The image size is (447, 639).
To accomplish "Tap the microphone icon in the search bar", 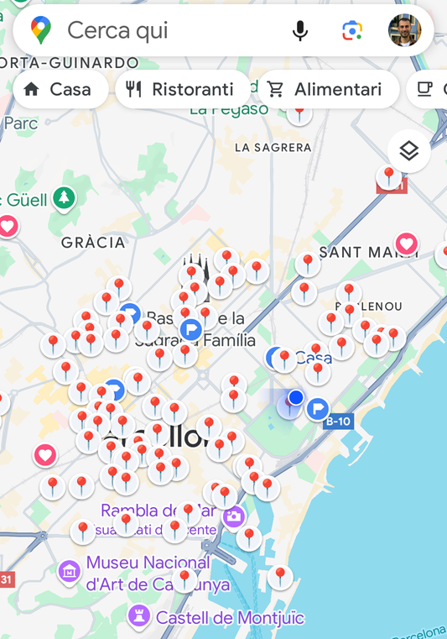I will point(299,31).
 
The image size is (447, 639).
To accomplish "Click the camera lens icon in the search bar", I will point(352,31).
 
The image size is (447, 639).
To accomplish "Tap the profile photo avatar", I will point(404,31).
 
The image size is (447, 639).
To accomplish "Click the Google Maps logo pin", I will point(40,31).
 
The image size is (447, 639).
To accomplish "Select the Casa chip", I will point(59,89).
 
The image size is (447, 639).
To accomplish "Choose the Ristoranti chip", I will point(181,89).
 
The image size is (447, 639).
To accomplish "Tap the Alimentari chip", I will point(327,89).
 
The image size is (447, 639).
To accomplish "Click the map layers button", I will point(408,151).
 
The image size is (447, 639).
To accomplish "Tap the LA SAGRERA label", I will point(273,148).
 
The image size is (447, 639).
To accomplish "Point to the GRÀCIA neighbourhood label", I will point(93,243).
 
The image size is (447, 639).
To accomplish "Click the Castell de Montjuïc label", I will point(229,619).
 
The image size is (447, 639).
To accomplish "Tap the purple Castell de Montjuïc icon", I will point(139,618).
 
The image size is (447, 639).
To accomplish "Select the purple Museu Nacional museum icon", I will point(70,573).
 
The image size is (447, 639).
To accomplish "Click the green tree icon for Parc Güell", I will point(64,199).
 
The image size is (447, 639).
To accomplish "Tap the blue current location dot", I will point(295,396).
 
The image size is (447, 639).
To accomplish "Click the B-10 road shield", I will point(338,422).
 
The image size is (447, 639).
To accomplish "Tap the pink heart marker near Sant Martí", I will point(407,244).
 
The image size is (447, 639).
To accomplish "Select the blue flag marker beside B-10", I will point(318,409).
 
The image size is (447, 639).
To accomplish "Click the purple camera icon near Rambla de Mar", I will point(234,516).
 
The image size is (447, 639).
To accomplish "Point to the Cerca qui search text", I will point(117,31).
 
